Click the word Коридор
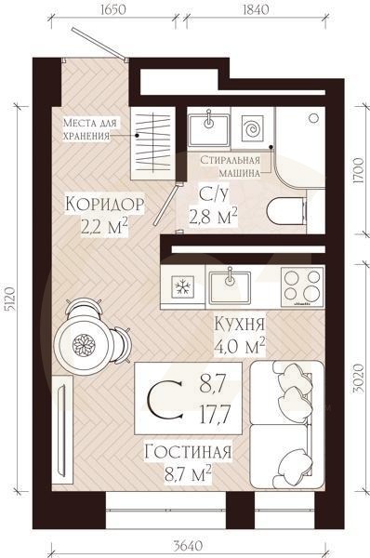[x=104, y=204]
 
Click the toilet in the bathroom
[x=286, y=211]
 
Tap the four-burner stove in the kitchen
[x=300, y=286]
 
